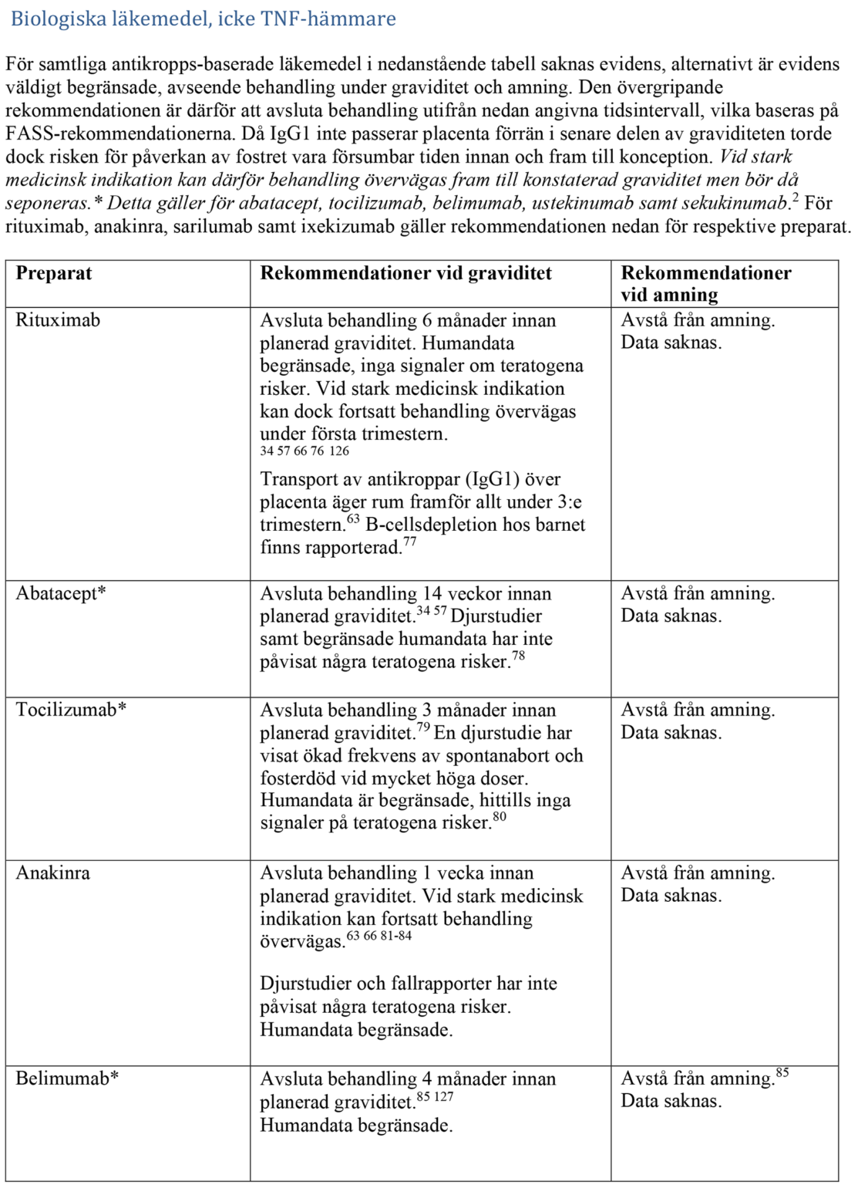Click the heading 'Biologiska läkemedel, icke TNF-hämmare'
[203, 19]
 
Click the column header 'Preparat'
[54, 273]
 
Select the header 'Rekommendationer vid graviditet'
[405, 273]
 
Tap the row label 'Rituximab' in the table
[58, 320]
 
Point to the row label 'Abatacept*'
[61, 593]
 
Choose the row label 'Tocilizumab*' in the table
[71, 710]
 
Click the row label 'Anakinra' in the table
[53, 873]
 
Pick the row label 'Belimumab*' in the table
[67, 1079]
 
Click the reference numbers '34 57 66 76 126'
[305, 451]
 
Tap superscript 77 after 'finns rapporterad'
[410, 542]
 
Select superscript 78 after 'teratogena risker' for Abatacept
[519, 656]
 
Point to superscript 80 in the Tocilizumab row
[500, 817]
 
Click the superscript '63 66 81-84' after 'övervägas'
[379, 936]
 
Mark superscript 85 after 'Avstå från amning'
[782, 1072]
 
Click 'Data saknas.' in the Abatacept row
[671, 616]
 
